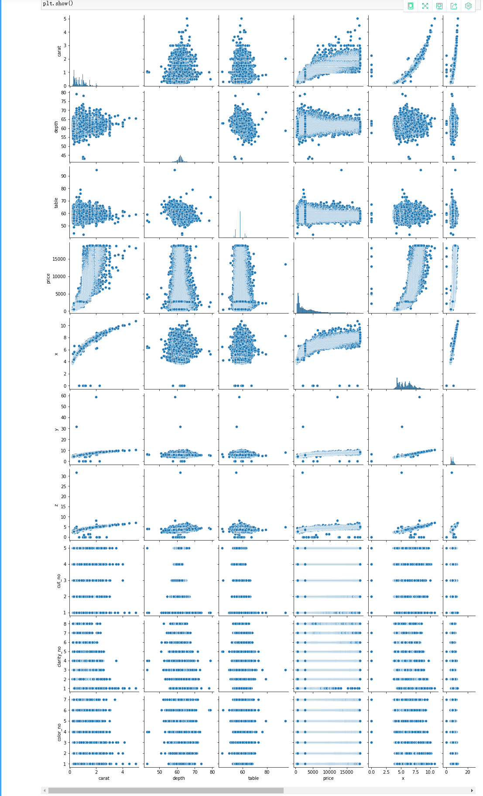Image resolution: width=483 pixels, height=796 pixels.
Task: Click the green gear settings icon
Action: pos(468,6)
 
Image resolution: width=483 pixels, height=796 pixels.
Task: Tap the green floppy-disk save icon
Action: pos(439,6)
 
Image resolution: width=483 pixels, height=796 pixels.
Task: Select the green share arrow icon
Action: pos(454,6)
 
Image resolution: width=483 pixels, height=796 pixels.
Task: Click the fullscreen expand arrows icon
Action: pos(425,6)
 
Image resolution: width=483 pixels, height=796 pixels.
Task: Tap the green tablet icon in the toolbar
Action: pos(411,6)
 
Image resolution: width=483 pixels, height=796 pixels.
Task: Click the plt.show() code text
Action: pos(58,3)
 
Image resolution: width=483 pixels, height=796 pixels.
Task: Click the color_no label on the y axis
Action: pos(59,732)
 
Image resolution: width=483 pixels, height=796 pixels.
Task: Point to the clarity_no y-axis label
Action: pos(59,656)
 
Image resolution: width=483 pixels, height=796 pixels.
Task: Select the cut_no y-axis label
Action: pos(59,581)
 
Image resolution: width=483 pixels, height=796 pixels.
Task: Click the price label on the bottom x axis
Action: pos(328,778)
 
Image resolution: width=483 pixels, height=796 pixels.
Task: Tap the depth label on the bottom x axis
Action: pos(178,778)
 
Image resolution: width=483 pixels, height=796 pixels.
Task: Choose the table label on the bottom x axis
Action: pos(253,778)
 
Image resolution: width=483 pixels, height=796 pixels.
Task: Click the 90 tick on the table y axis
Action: pos(64,176)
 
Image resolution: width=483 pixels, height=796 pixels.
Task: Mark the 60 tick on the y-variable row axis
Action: pos(64,396)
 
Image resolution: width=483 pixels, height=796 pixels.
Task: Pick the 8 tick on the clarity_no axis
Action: pos(65,624)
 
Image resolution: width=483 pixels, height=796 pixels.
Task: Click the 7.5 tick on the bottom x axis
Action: pos(416,772)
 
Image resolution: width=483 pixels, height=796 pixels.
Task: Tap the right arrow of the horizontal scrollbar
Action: pos(472,790)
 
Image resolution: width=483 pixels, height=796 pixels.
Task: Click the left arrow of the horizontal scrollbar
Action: pos(44,790)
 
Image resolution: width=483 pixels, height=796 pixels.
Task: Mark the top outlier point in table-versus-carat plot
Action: pos(96,170)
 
